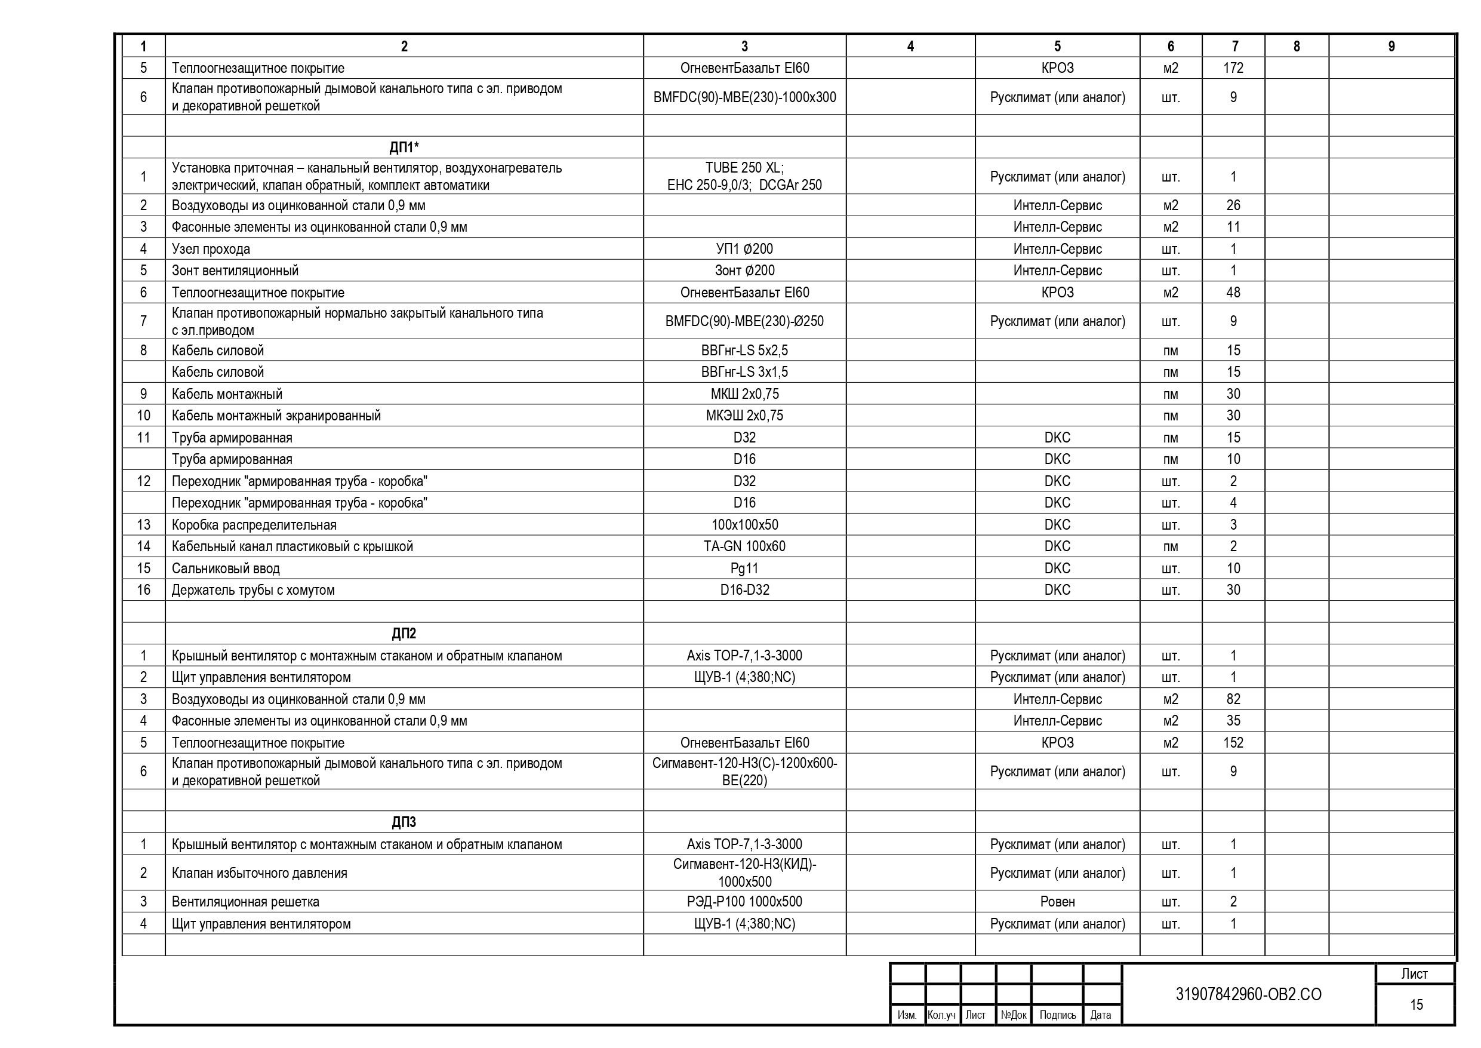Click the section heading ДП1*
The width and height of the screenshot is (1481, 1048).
click(404, 147)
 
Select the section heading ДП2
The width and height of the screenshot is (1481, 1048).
click(404, 633)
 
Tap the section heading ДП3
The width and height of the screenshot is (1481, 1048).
click(404, 822)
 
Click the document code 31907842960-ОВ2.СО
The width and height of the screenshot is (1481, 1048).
click(1248, 994)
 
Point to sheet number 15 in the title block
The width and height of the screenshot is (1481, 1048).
click(1416, 1005)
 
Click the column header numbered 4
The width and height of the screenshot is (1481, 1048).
click(910, 47)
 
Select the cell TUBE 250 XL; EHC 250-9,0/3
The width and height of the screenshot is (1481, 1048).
click(744, 176)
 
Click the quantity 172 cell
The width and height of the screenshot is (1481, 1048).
click(1233, 67)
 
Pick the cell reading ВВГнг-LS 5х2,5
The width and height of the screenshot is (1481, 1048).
click(744, 351)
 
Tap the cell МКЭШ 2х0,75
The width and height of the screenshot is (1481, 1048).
click(744, 416)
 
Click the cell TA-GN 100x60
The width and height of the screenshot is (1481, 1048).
click(744, 546)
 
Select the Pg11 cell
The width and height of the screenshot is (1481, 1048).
click(744, 568)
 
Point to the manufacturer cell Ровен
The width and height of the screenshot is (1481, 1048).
click(1057, 902)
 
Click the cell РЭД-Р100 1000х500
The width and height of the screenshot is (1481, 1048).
click(744, 902)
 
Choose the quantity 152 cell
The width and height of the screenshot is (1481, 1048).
click(1233, 743)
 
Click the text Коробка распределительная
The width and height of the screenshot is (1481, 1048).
click(254, 525)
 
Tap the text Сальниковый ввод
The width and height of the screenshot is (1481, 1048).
click(226, 568)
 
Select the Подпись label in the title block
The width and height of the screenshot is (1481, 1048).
click(1057, 1015)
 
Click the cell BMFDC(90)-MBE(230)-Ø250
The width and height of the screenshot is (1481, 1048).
click(744, 321)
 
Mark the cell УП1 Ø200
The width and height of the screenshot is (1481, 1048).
click(744, 249)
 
